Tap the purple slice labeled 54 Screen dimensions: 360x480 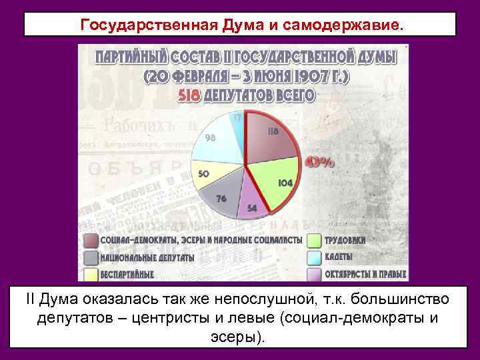coord(253,203)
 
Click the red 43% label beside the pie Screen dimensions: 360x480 coord(320,162)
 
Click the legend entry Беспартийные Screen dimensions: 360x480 coord(127,273)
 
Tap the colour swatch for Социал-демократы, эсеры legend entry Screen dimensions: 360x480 coord(91,240)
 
